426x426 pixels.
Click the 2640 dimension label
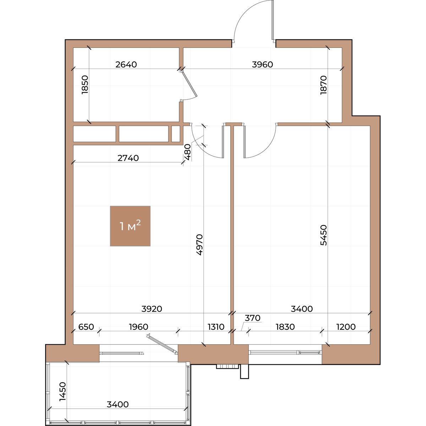pyautogui.click(x=126, y=65)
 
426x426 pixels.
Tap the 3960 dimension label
pyautogui.click(x=262, y=65)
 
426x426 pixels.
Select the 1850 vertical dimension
pyautogui.click(x=85, y=85)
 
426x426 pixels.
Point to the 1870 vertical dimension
pyautogui.click(x=323, y=85)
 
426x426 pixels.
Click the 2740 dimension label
pyautogui.click(x=128, y=158)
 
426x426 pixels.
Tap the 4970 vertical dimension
pyautogui.click(x=199, y=245)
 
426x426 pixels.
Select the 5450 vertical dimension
pyautogui.click(x=323, y=235)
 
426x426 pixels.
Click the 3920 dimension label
pyautogui.click(x=152, y=309)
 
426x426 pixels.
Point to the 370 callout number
pyautogui.click(x=253, y=318)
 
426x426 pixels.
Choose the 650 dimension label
pyautogui.click(x=86, y=327)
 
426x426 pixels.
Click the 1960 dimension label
pyautogui.click(x=138, y=327)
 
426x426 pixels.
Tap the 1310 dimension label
pyautogui.click(x=216, y=327)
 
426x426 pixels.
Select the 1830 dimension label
pyautogui.click(x=285, y=327)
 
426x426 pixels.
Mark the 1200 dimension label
pyautogui.click(x=346, y=327)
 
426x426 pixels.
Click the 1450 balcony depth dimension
pyautogui.click(x=63, y=391)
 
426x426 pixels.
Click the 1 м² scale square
pyautogui.click(x=130, y=226)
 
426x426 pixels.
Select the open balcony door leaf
pyautogui.click(x=162, y=343)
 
